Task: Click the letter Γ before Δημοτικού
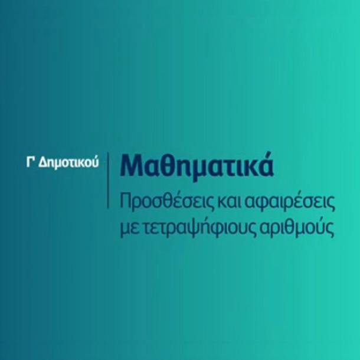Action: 30,162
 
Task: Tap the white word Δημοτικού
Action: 68,163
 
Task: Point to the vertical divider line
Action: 108,180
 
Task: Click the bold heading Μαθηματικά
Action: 197,166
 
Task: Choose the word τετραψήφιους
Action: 199,228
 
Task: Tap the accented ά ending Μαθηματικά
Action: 266,164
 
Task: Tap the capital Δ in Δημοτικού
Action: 42,162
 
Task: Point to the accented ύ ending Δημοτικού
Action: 95,162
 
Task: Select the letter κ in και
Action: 222,203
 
